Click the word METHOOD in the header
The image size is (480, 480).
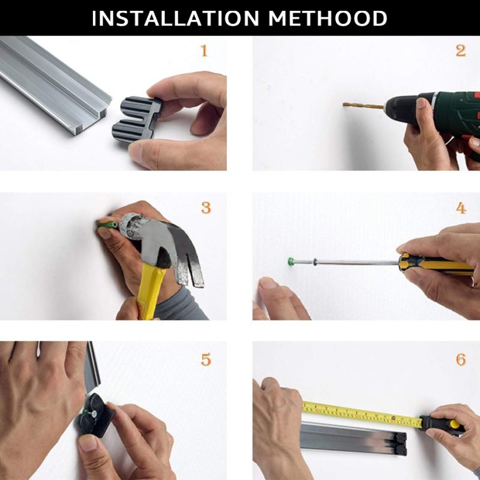pyautogui.click(x=328, y=19)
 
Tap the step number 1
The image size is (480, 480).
pyautogui.click(x=204, y=50)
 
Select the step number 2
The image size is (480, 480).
pyautogui.click(x=460, y=50)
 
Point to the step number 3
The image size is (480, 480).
pyautogui.click(x=206, y=208)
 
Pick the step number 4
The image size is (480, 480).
pyautogui.click(x=461, y=208)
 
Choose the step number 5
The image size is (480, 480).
pyautogui.click(x=206, y=359)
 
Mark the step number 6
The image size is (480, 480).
pyautogui.click(x=461, y=359)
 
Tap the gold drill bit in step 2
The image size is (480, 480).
pyautogui.click(x=363, y=106)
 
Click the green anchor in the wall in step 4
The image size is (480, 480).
pyautogui.click(x=291, y=262)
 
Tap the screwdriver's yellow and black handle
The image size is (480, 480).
pyautogui.click(x=436, y=264)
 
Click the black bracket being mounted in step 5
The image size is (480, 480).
pyautogui.click(x=95, y=415)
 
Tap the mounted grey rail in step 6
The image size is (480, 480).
pyautogui.click(x=353, y=439)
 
